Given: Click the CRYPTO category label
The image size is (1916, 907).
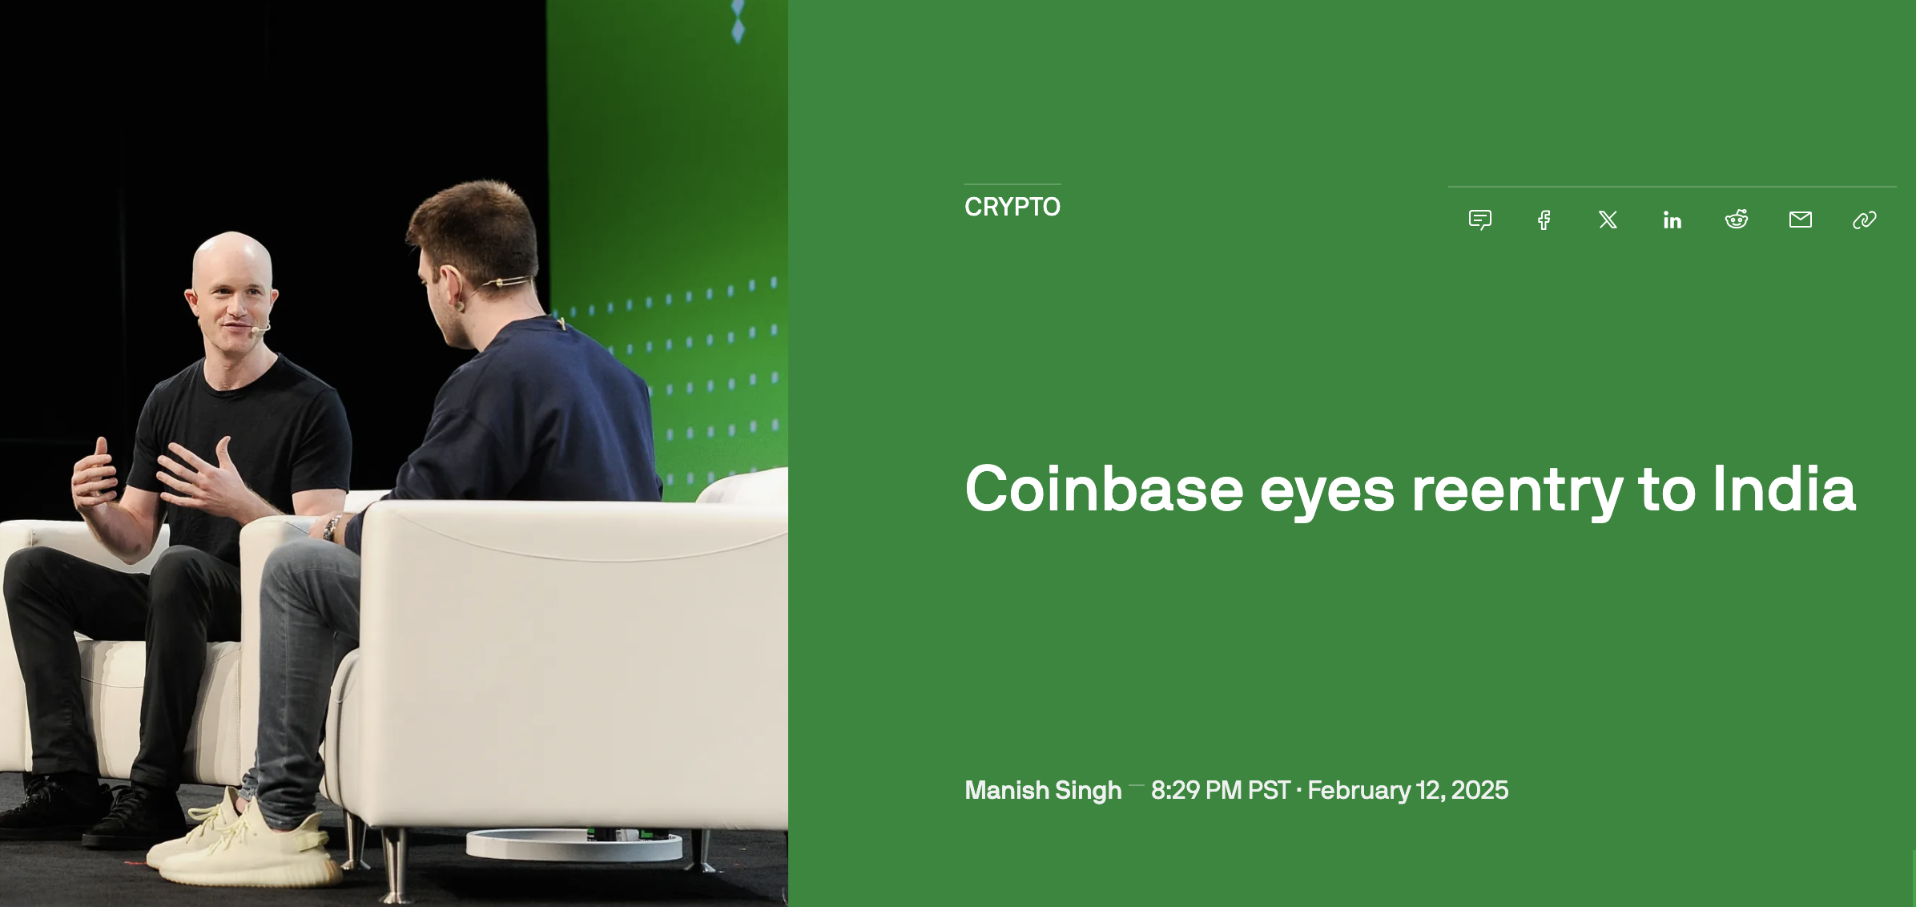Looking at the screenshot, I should (x=1012, y=207).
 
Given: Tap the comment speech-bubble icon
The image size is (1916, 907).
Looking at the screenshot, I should (x=1479, y=220).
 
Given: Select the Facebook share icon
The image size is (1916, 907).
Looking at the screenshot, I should (x=1544, y=220).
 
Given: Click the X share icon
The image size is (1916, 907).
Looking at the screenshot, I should (x=1608, y=220).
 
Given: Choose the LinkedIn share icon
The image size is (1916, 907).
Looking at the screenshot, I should (x=1672, y=220).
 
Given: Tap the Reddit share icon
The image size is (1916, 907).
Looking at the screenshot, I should (x=1736, y=220).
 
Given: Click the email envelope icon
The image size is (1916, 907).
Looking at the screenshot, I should (x=1800, y=220).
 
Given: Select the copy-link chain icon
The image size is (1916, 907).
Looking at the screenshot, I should (x=1864, y=220).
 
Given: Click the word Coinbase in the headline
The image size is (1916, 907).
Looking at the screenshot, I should (x=1104, y=489).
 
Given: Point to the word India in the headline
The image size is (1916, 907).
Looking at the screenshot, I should (x=1783, y=489).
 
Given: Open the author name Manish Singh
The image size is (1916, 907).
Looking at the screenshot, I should (x=1043, y=790).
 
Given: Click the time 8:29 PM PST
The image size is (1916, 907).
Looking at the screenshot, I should (x=1220, y=790).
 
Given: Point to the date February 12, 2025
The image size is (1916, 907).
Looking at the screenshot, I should (x=1407, y=790).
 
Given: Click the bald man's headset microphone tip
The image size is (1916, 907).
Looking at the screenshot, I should (x=255, y=329).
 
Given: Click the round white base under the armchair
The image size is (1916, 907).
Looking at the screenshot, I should (x=574, y=845).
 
